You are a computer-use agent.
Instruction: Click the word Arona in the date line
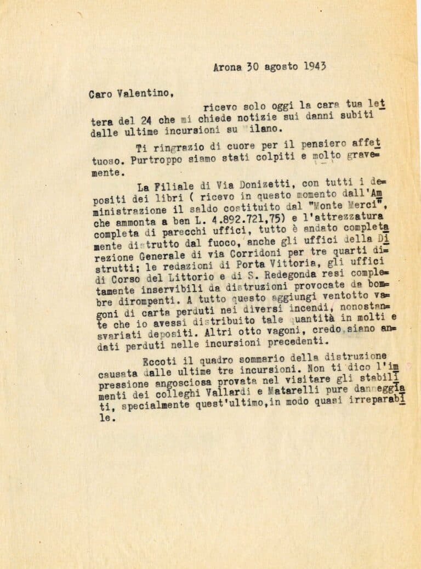point(227,68)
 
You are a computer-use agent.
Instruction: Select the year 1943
point(313,66)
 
